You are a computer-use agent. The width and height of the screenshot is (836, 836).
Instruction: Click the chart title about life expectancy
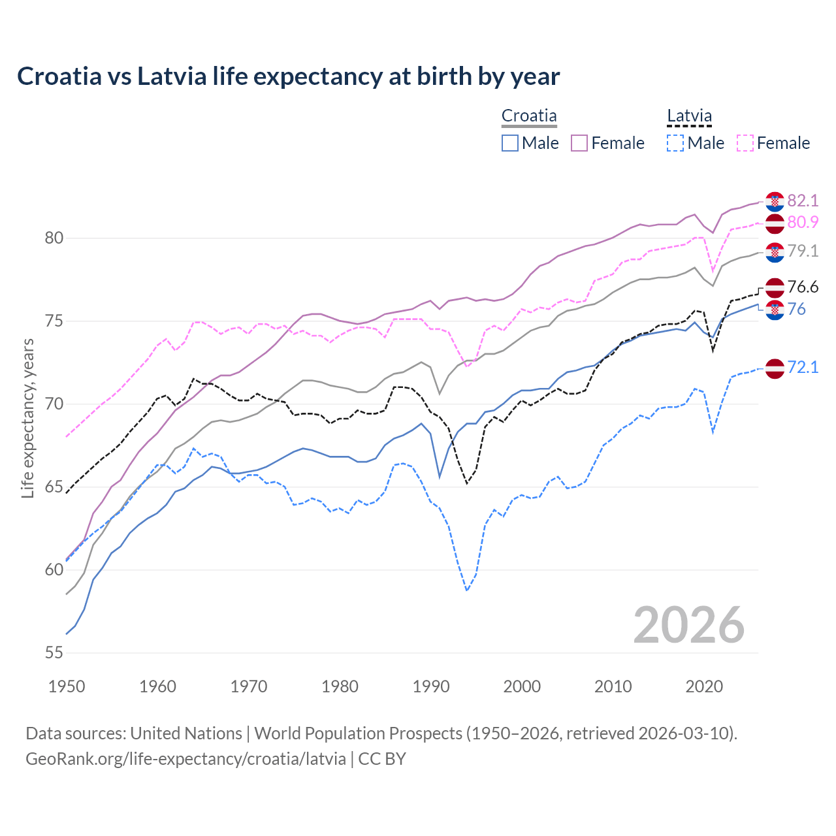click(288, 76)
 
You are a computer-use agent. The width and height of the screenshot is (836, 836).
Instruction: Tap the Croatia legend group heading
click(529, 116)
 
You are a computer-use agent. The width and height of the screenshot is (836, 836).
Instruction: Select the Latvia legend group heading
click(689, 116)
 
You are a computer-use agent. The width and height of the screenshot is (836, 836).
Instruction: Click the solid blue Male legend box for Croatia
click(510, 143)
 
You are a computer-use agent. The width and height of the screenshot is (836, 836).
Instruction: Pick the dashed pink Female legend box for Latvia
click(745, 143)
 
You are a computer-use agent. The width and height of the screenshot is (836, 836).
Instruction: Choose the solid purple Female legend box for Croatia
click(579, 143)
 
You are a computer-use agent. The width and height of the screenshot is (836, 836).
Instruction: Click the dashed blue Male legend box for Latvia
click(675, 143)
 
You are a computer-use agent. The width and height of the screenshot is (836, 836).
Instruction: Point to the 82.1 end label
click(803, 201)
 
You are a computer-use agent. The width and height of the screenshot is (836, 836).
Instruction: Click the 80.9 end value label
click(803, 223)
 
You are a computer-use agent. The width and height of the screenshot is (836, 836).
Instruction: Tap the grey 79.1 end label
click(803, 251)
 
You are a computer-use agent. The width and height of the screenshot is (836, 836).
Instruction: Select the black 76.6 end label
click(803, 287)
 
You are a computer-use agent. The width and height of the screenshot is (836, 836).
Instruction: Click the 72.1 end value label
click(803, 368)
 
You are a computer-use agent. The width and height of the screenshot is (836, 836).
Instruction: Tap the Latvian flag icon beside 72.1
click(775, 368)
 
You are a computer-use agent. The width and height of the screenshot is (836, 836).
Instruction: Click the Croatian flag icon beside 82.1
click(775, 202)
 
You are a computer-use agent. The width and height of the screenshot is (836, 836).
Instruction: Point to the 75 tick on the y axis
click(54, 321)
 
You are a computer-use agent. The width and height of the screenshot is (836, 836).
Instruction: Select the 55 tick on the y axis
click(54, 652)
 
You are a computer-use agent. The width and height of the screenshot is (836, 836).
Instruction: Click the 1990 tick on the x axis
click(431, 686)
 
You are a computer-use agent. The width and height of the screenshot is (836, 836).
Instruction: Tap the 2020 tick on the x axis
click(704, 686)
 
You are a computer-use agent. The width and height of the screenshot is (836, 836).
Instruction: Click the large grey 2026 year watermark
click(689, 625)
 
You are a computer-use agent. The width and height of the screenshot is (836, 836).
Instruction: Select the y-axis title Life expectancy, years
click(28, 418)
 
